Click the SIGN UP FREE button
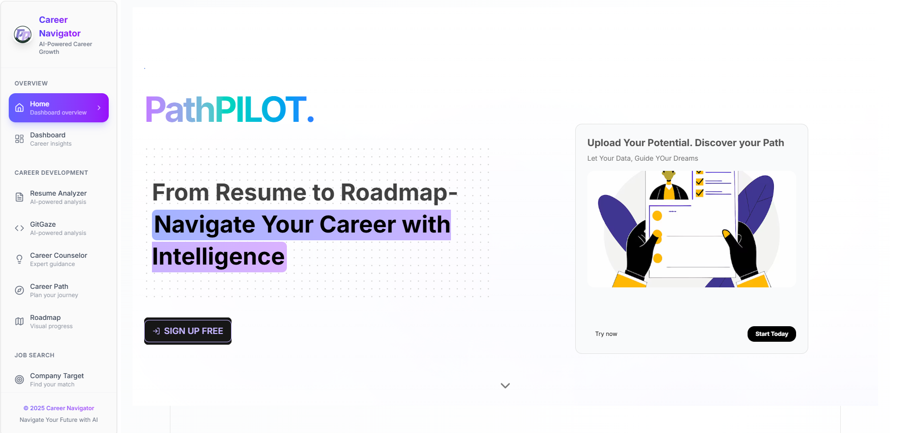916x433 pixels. point(188,331)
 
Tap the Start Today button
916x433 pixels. point(771,334)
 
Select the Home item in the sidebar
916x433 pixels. point(58,108)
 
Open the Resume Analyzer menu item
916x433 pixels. point(58,197)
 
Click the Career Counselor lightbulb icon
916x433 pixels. point(19,259)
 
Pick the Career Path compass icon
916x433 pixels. point(19,290)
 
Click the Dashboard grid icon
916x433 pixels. point(19,139)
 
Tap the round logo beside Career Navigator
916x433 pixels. point(22,35)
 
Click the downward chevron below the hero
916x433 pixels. point(505,385)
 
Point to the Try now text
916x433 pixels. point(606,334)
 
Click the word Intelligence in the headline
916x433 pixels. point(218,257)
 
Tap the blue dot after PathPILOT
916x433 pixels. point(311,119)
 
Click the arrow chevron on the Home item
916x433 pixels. point(99,108)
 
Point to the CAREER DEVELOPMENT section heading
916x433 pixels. point(51,173)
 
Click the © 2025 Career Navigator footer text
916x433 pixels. point(59,408)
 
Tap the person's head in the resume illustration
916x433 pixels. point(669,176)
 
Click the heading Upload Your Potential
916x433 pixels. point(685,143)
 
